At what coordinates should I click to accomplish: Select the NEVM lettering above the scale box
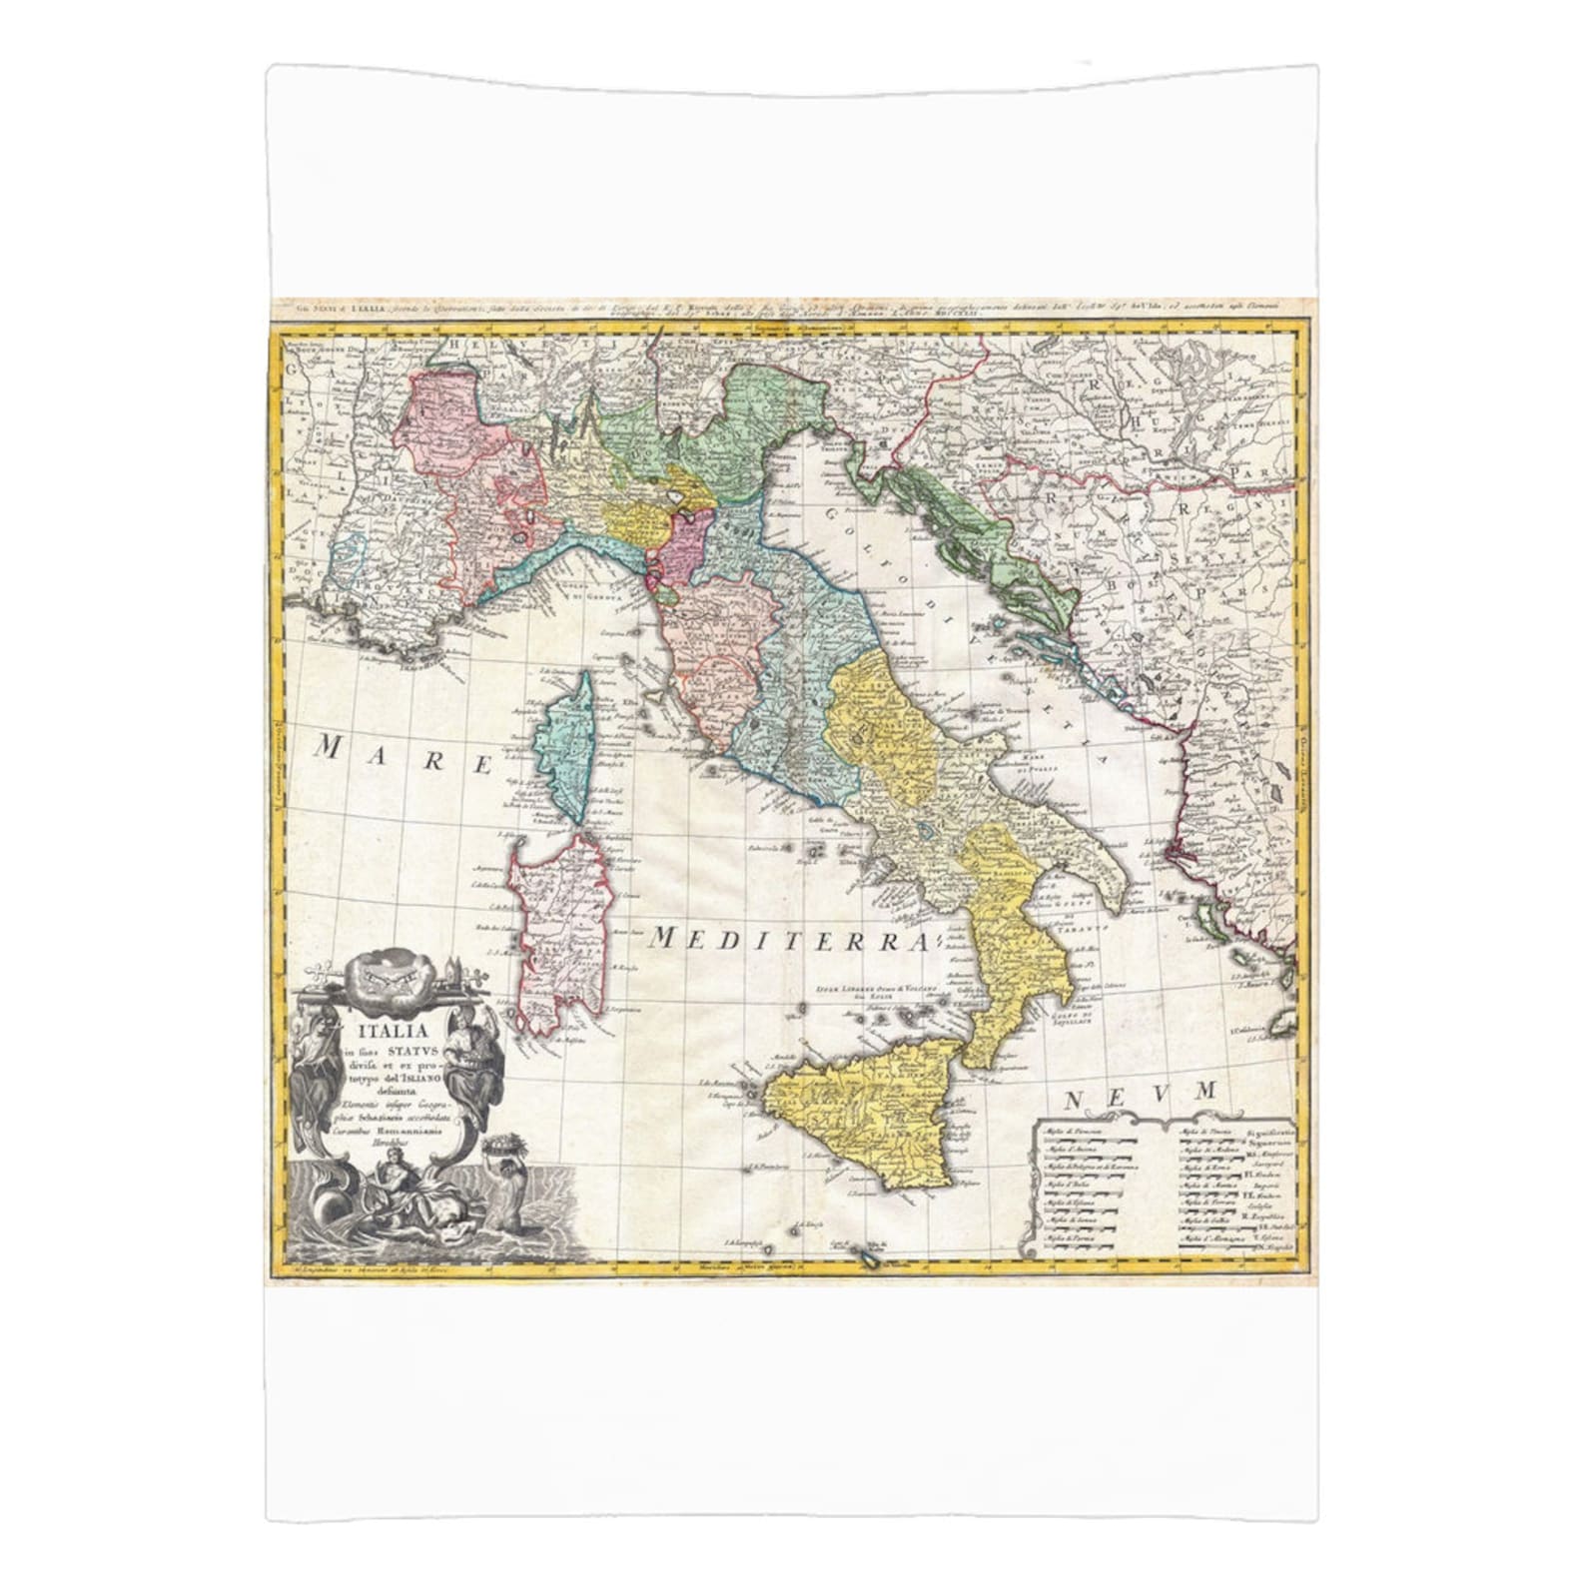point(1140,1095)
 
